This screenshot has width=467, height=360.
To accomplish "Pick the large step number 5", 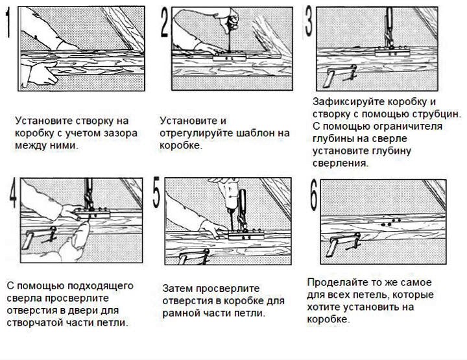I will point(156,194).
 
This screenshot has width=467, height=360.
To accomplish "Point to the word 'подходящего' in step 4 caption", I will point(97,285).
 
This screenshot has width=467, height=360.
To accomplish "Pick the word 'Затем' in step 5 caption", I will point(176,288).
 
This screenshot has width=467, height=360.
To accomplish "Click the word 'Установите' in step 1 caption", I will point(43,121).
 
